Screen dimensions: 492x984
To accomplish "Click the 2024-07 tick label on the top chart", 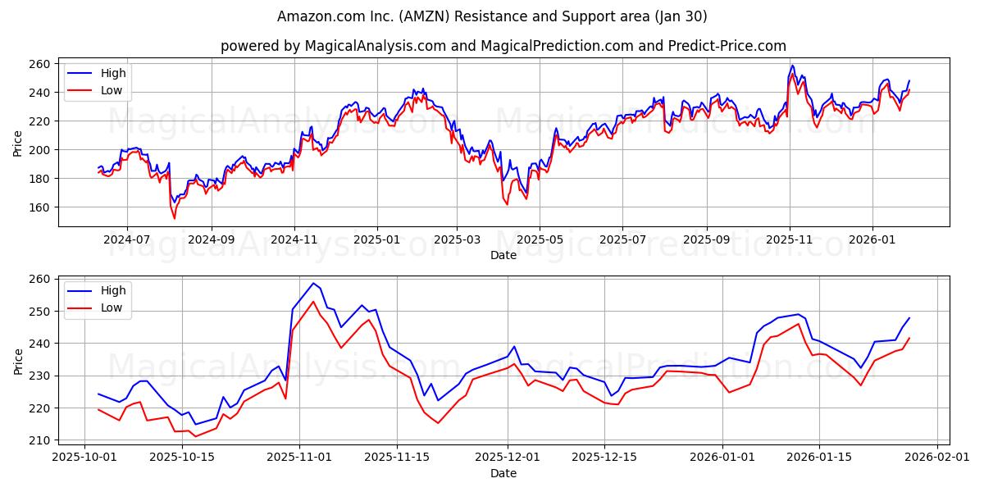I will pos(126,240).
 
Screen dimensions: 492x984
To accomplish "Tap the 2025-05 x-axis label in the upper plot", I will pos(540,240).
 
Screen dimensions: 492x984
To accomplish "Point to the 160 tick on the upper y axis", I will pos(40,207).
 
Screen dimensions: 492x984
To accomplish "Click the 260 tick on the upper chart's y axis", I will pos(40,64).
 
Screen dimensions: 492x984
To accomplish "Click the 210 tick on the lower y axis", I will pos(40,440).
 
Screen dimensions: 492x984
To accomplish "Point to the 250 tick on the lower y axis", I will pos(40,312).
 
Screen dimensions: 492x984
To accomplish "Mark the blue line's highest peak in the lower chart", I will pos(313,283).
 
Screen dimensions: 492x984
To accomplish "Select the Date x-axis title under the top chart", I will pos(503,255).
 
